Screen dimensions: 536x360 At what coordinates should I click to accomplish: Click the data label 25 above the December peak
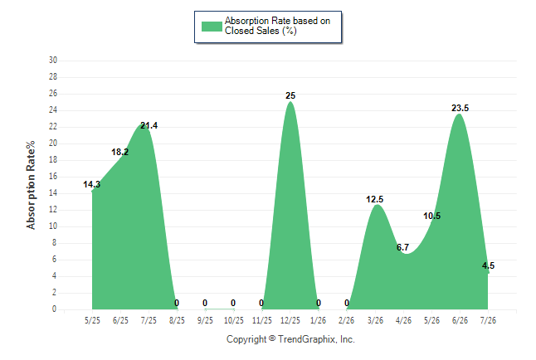(290, 95)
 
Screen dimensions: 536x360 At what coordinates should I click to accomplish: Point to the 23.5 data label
(460, 108)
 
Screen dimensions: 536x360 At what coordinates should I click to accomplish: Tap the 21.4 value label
(149, 125)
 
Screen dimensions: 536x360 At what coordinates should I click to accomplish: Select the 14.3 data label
(91, 184)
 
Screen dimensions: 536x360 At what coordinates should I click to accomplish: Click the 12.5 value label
(375, 199)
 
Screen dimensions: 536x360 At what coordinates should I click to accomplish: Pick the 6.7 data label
(402, 247)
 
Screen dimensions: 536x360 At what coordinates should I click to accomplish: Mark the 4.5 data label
(488, 265)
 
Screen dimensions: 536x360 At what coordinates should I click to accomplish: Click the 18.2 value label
(120, 152)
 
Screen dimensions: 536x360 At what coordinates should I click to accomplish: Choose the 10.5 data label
(431, 216)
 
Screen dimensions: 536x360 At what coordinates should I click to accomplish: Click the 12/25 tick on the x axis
(290, 320)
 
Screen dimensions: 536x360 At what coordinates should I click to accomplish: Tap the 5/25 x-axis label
(92, 320)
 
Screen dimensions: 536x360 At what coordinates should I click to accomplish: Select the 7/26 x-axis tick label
(488, 320)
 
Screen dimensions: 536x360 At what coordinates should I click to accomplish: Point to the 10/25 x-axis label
(234, 320)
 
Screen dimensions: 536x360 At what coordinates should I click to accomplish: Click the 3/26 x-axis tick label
(375, 320)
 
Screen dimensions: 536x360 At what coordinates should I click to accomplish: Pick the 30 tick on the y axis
(53, 61)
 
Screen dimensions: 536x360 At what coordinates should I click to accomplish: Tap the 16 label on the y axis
(53, 177)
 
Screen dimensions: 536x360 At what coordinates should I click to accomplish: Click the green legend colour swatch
(212, 27)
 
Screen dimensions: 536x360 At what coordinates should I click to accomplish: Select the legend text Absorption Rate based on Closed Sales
(277, 26)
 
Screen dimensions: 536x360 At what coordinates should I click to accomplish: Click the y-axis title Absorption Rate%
(31, 185)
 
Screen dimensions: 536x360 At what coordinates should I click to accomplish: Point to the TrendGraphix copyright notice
(290, 339)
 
